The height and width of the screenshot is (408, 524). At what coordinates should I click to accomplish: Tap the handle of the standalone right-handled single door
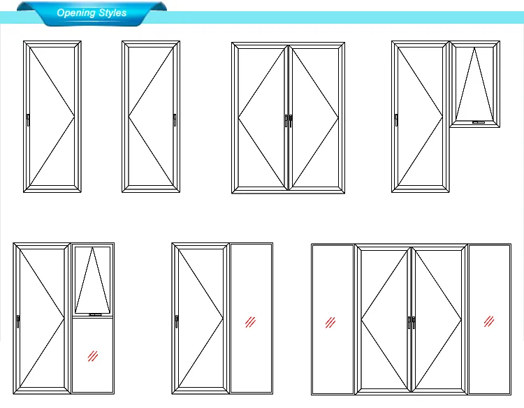175,120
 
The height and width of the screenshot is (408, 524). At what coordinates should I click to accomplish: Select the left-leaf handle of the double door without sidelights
285,120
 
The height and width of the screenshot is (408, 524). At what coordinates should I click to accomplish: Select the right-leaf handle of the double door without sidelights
291,120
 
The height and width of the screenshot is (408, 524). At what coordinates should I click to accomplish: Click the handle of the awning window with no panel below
478,122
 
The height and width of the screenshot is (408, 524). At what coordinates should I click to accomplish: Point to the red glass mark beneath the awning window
92,356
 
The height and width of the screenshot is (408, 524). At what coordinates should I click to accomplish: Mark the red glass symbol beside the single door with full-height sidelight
250,322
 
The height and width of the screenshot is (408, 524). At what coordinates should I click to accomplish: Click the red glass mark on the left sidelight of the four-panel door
330,322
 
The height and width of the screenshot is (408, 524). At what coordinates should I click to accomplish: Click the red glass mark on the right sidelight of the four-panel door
489,322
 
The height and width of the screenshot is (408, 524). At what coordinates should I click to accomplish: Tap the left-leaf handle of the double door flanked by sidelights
409,323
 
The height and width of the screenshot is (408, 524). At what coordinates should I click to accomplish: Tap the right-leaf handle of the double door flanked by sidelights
414,323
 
